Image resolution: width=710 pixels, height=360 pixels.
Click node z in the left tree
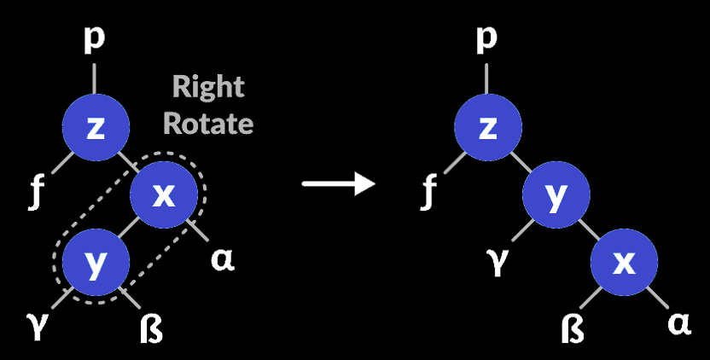(x=96, y=128)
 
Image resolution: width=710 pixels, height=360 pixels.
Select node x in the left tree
(x=163, y=196)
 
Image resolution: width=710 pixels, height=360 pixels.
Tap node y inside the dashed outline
(x=96, y=264)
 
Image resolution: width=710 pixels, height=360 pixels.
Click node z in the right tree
(x=487, y=128)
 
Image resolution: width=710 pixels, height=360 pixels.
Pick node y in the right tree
(x=556, y=196)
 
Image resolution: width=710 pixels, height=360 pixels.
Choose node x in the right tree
(x=624, y=264)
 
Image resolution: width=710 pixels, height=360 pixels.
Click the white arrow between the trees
(x=339, y=183)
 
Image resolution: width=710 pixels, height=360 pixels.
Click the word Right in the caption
(x=208, y=87)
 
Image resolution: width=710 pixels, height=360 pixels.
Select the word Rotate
(x=208, y=123)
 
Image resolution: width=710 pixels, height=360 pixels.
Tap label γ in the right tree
(x=495, y=258)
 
